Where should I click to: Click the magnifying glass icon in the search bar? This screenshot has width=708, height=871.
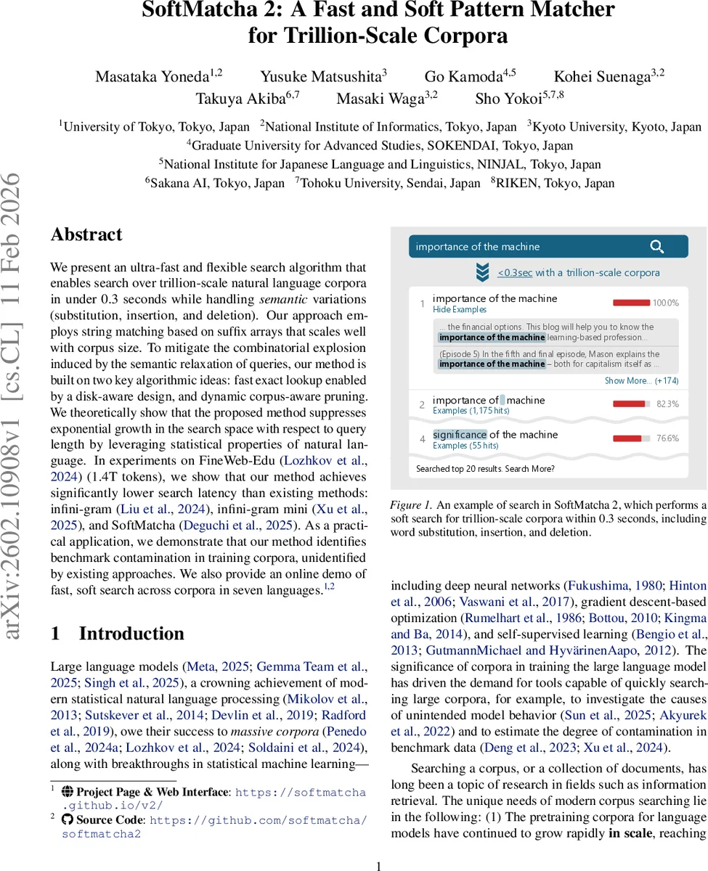(656, 247)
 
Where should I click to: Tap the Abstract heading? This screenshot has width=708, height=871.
(86, 234)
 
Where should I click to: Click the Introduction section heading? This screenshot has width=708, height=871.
(131, 633)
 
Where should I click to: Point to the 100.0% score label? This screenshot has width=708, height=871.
(665, 303)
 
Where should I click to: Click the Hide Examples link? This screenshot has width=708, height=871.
(460, 310)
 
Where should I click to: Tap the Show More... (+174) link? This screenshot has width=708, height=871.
(641, 381)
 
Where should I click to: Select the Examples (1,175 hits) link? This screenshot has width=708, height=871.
(471, 411)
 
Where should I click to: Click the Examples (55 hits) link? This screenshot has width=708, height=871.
(465, 446)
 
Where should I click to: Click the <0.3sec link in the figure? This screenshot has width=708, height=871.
(515, 273)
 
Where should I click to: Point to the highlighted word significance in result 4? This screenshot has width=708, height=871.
(460, 435)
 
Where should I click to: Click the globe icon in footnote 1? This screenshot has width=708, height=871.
(68, 792)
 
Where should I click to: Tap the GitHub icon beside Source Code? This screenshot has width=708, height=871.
(68, 819)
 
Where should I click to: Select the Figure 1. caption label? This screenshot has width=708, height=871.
(411, 505)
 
